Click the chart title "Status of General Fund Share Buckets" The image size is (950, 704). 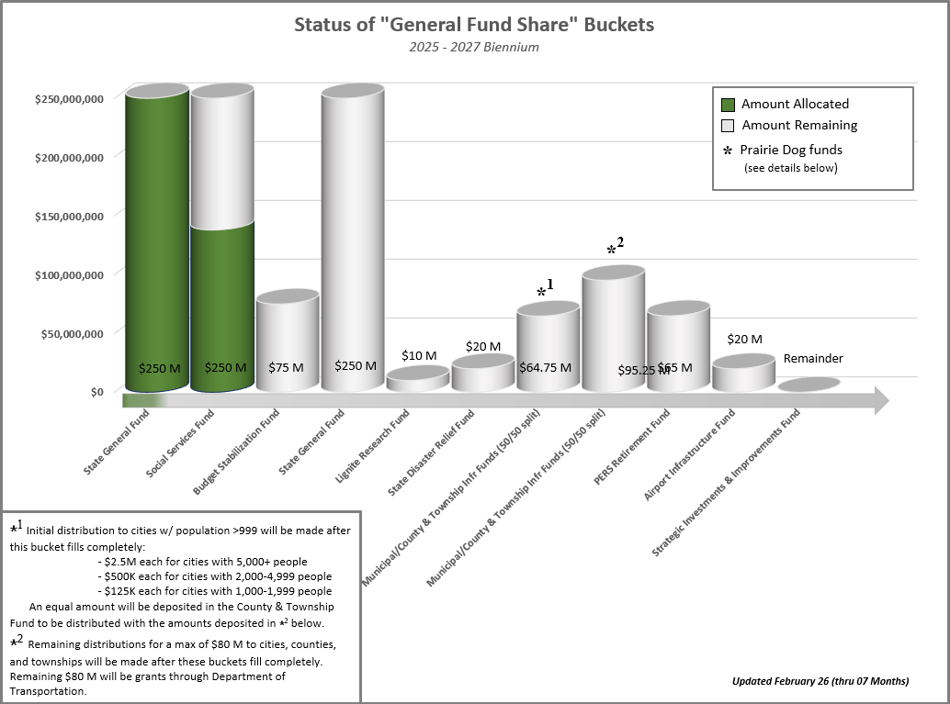click(x=474, y=25)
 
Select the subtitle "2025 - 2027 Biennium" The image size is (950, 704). click(x=474, y=47)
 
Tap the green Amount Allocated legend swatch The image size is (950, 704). click(x=729, y=105)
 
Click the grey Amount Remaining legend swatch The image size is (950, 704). click(x=729, y=126)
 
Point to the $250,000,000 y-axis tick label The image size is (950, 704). click(x=68, y=98)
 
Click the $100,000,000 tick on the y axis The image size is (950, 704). click(x=68, y=274)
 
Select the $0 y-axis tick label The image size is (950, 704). click(x=96, y=393)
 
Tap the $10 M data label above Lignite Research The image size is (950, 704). click(x=419, y=355)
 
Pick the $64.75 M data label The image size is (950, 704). click(x=545, y=367)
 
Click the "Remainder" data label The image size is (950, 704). click(x=813, y=358)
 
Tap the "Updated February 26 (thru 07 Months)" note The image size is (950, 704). click(x=820, y=681)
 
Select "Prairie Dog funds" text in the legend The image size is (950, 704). click(x=791, y=150)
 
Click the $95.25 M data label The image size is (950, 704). click(x=644, y=371)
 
